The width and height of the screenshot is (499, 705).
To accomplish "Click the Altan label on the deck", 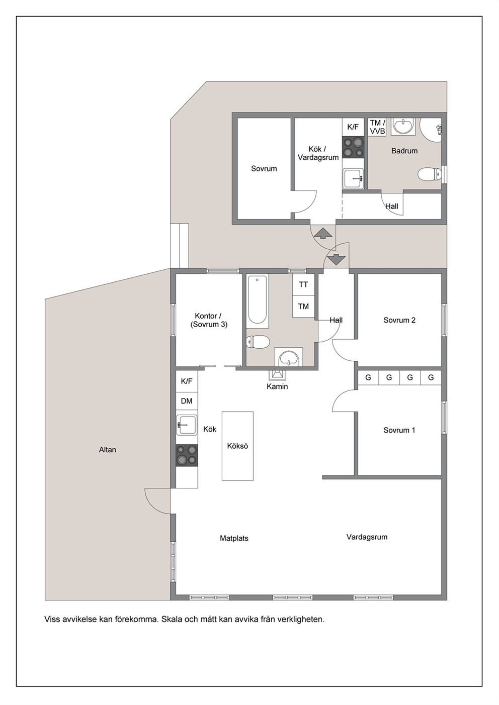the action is pos(108,450).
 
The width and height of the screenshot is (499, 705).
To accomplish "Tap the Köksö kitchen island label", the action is pos(237,446).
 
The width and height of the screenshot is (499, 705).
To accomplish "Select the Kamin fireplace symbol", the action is pos(277,374).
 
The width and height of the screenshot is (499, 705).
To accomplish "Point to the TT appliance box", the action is pos(303,284).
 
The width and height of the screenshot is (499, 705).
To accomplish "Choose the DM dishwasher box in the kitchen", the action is pos(187,401).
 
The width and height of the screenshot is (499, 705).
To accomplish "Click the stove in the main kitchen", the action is pos(187,456).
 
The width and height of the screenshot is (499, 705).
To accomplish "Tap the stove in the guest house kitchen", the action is pos(353,147).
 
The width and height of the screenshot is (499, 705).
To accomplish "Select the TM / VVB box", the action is pos(377,127).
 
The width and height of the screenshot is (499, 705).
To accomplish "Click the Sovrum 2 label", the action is pos(399,320).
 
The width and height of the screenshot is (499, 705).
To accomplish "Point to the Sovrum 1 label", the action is pos(399,430).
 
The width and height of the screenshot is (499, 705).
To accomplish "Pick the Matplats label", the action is pos(234,538).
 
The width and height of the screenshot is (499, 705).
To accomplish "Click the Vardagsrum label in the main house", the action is pos(367,537).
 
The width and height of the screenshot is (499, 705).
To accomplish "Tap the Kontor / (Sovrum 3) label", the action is pos(209,320).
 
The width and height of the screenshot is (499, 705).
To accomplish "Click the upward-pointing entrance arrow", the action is pos(323,233).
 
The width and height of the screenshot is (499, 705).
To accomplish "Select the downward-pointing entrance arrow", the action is pos(337,259).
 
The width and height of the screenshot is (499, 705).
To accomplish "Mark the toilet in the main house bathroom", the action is pos(258,342).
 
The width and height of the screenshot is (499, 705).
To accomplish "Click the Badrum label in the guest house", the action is pos(404,151).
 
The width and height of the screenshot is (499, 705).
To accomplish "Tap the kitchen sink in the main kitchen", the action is pos(187,425).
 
